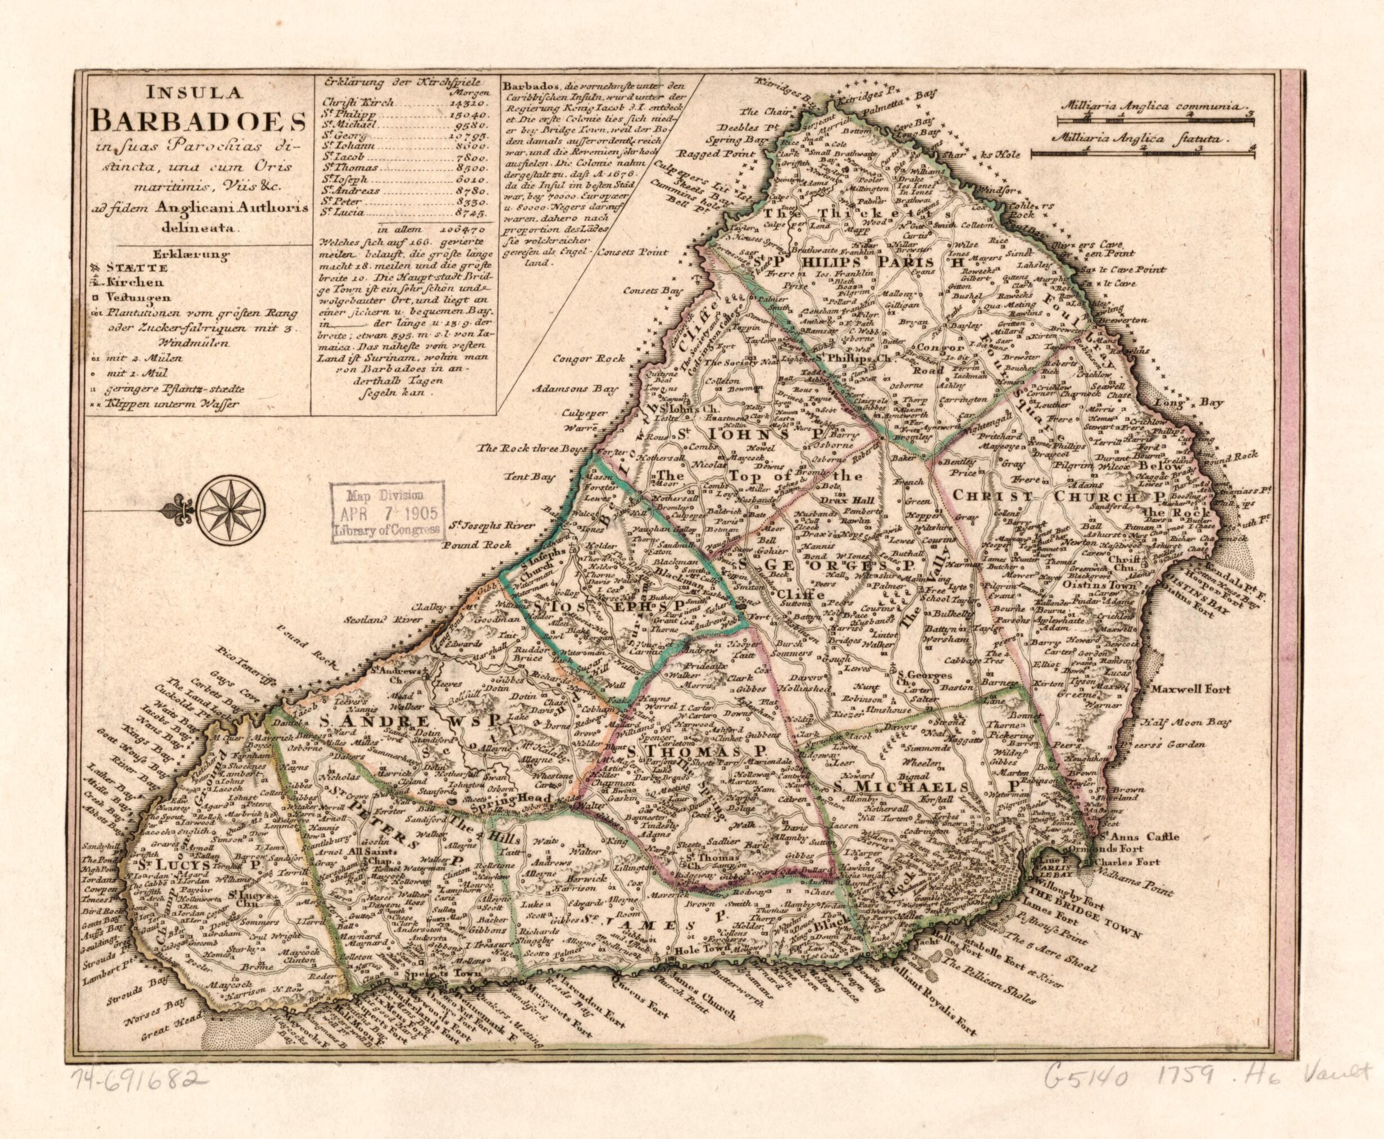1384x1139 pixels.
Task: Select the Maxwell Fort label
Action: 1189,690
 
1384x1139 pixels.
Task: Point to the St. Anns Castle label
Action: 1139,836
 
